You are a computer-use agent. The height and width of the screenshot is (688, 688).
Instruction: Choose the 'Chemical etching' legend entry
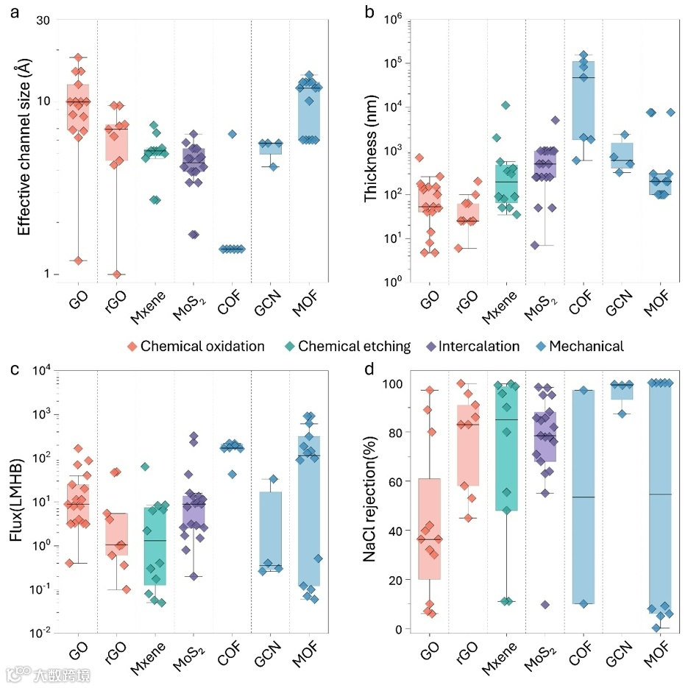pyautogui.click(x=358, y=346)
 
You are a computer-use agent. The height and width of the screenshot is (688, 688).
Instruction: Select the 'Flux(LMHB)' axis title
pyautogui.click(x=15, y=500)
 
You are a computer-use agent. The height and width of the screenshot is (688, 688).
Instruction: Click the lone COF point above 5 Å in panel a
pyautogui.click(x=232, y=134)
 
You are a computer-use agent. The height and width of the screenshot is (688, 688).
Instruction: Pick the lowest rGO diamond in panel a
pyautogui.click(x=116, y=274)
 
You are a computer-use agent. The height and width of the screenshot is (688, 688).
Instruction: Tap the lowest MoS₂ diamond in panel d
pyautogui.click(x=545, y=605)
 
